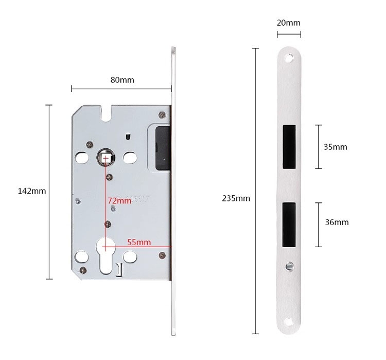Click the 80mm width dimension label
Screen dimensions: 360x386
click(122, 80)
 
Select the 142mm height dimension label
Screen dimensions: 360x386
click(32, 191)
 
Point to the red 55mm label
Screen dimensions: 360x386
click(139, 242)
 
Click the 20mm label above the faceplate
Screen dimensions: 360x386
click(289, 23)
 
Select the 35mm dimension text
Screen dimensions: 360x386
click(335, 147)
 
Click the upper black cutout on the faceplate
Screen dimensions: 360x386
click(289, 147)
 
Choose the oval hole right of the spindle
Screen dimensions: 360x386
click(131, 157)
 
